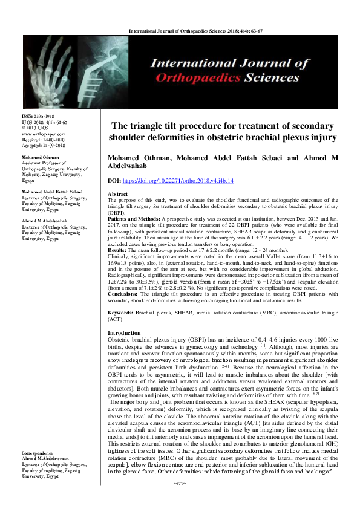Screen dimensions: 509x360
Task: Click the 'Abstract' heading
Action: pos(118,193)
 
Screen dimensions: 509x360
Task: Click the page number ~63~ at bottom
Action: pos(180,501)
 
